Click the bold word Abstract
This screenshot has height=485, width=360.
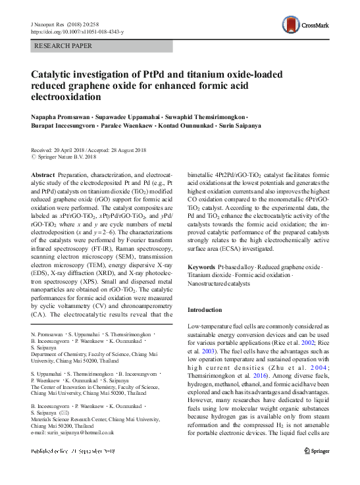tap(43, 174)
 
